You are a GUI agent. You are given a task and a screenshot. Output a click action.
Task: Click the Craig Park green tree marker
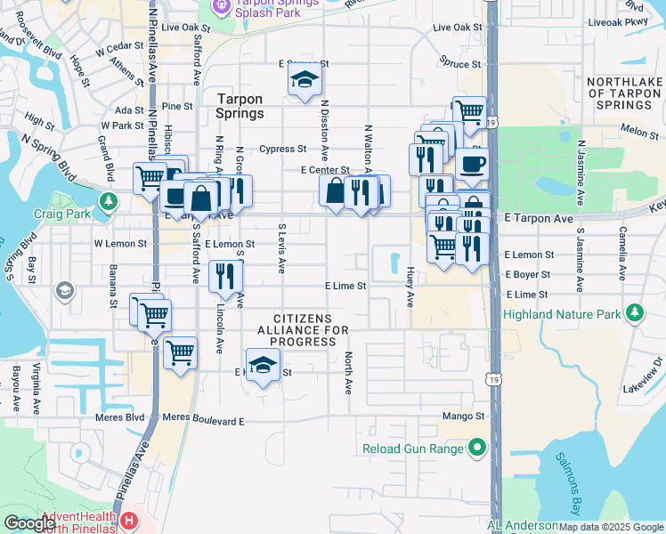coord(109,201)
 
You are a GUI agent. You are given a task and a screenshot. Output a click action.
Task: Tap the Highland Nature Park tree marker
coord(634,313)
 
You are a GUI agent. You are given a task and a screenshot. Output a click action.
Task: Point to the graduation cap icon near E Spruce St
coord(305,80)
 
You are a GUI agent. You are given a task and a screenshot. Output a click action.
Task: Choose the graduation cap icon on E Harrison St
coord(263,366)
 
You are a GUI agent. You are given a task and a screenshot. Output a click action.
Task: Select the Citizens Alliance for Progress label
coord(303,330)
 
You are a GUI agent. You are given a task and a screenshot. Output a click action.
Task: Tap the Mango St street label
coord(462,416)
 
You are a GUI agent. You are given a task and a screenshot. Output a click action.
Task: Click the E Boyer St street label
coord(528,276)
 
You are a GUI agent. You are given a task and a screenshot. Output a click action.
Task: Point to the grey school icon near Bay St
coord(64,290)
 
